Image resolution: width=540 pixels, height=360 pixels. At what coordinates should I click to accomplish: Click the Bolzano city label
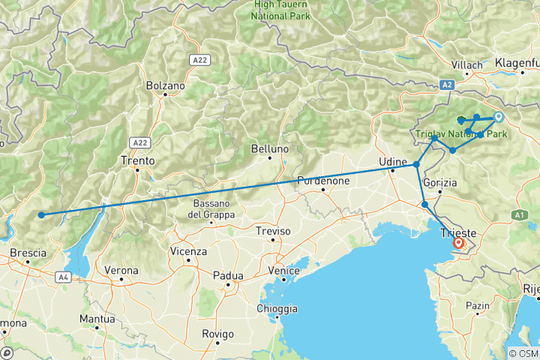coord(166,85)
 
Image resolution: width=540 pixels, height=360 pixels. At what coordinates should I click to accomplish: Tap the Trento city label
coord(137,160)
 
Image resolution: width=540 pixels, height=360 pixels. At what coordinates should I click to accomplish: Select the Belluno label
coord(270,149)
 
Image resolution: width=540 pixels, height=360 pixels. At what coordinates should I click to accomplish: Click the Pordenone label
coord(324,181)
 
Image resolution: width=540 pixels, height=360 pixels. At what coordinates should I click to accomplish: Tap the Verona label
coord(121,270)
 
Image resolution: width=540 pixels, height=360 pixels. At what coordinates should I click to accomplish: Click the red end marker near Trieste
coord(457,243)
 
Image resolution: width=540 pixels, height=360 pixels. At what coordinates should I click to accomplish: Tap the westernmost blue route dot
coord(41,215)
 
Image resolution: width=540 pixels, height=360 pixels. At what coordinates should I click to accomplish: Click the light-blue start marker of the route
coord(497,116)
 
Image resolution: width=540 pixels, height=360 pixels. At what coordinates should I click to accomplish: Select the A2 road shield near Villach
coord(448,85)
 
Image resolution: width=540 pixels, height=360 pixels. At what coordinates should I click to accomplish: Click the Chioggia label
coord(277,309)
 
